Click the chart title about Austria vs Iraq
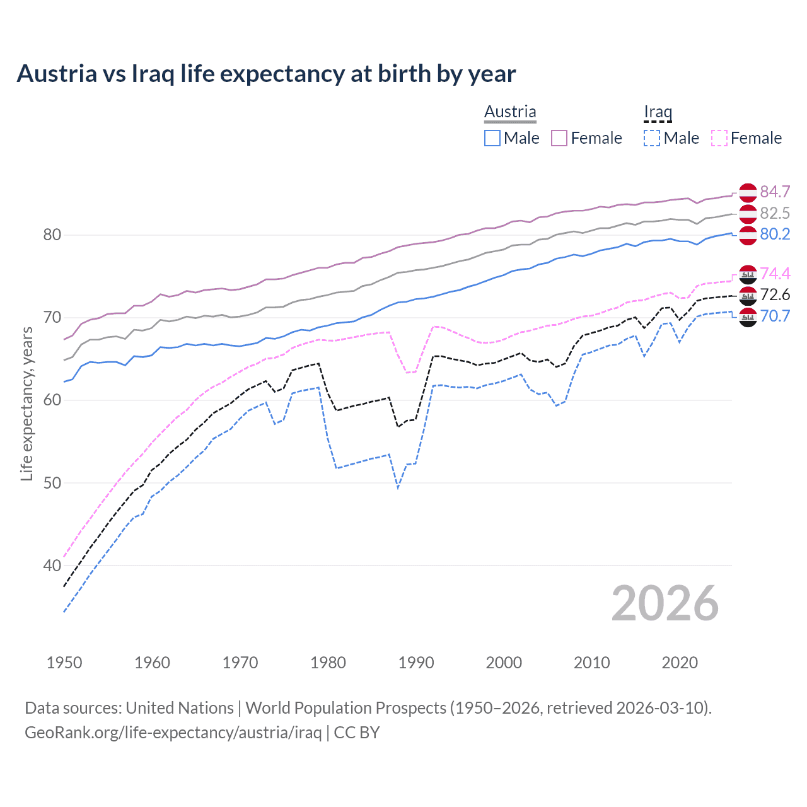(x=266, y=74)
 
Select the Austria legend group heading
(x=510, y=112)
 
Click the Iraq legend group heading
(x=658, y=112)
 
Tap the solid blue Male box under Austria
(x=492, y=138)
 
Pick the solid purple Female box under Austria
(x=559, y=138)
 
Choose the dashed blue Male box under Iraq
(x=652, y=138)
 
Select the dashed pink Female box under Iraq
(x=719, y=138)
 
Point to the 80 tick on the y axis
(x=52, y=235)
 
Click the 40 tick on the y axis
(x=52, y=566)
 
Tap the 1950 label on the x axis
(x=64, y=663)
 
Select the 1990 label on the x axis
(x=416, y=663)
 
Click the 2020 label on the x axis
(x=680, y=663)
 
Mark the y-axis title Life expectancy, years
(x=26, y=403)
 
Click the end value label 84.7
(x=775, y=192)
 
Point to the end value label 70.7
(x=775, y=316)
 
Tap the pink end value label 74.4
(x=775, y=274)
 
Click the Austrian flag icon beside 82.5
(x=748, y=214)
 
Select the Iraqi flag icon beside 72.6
(x=748, y=295)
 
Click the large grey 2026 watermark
(x=665, y=603)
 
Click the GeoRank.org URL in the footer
(x=173, y=733)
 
